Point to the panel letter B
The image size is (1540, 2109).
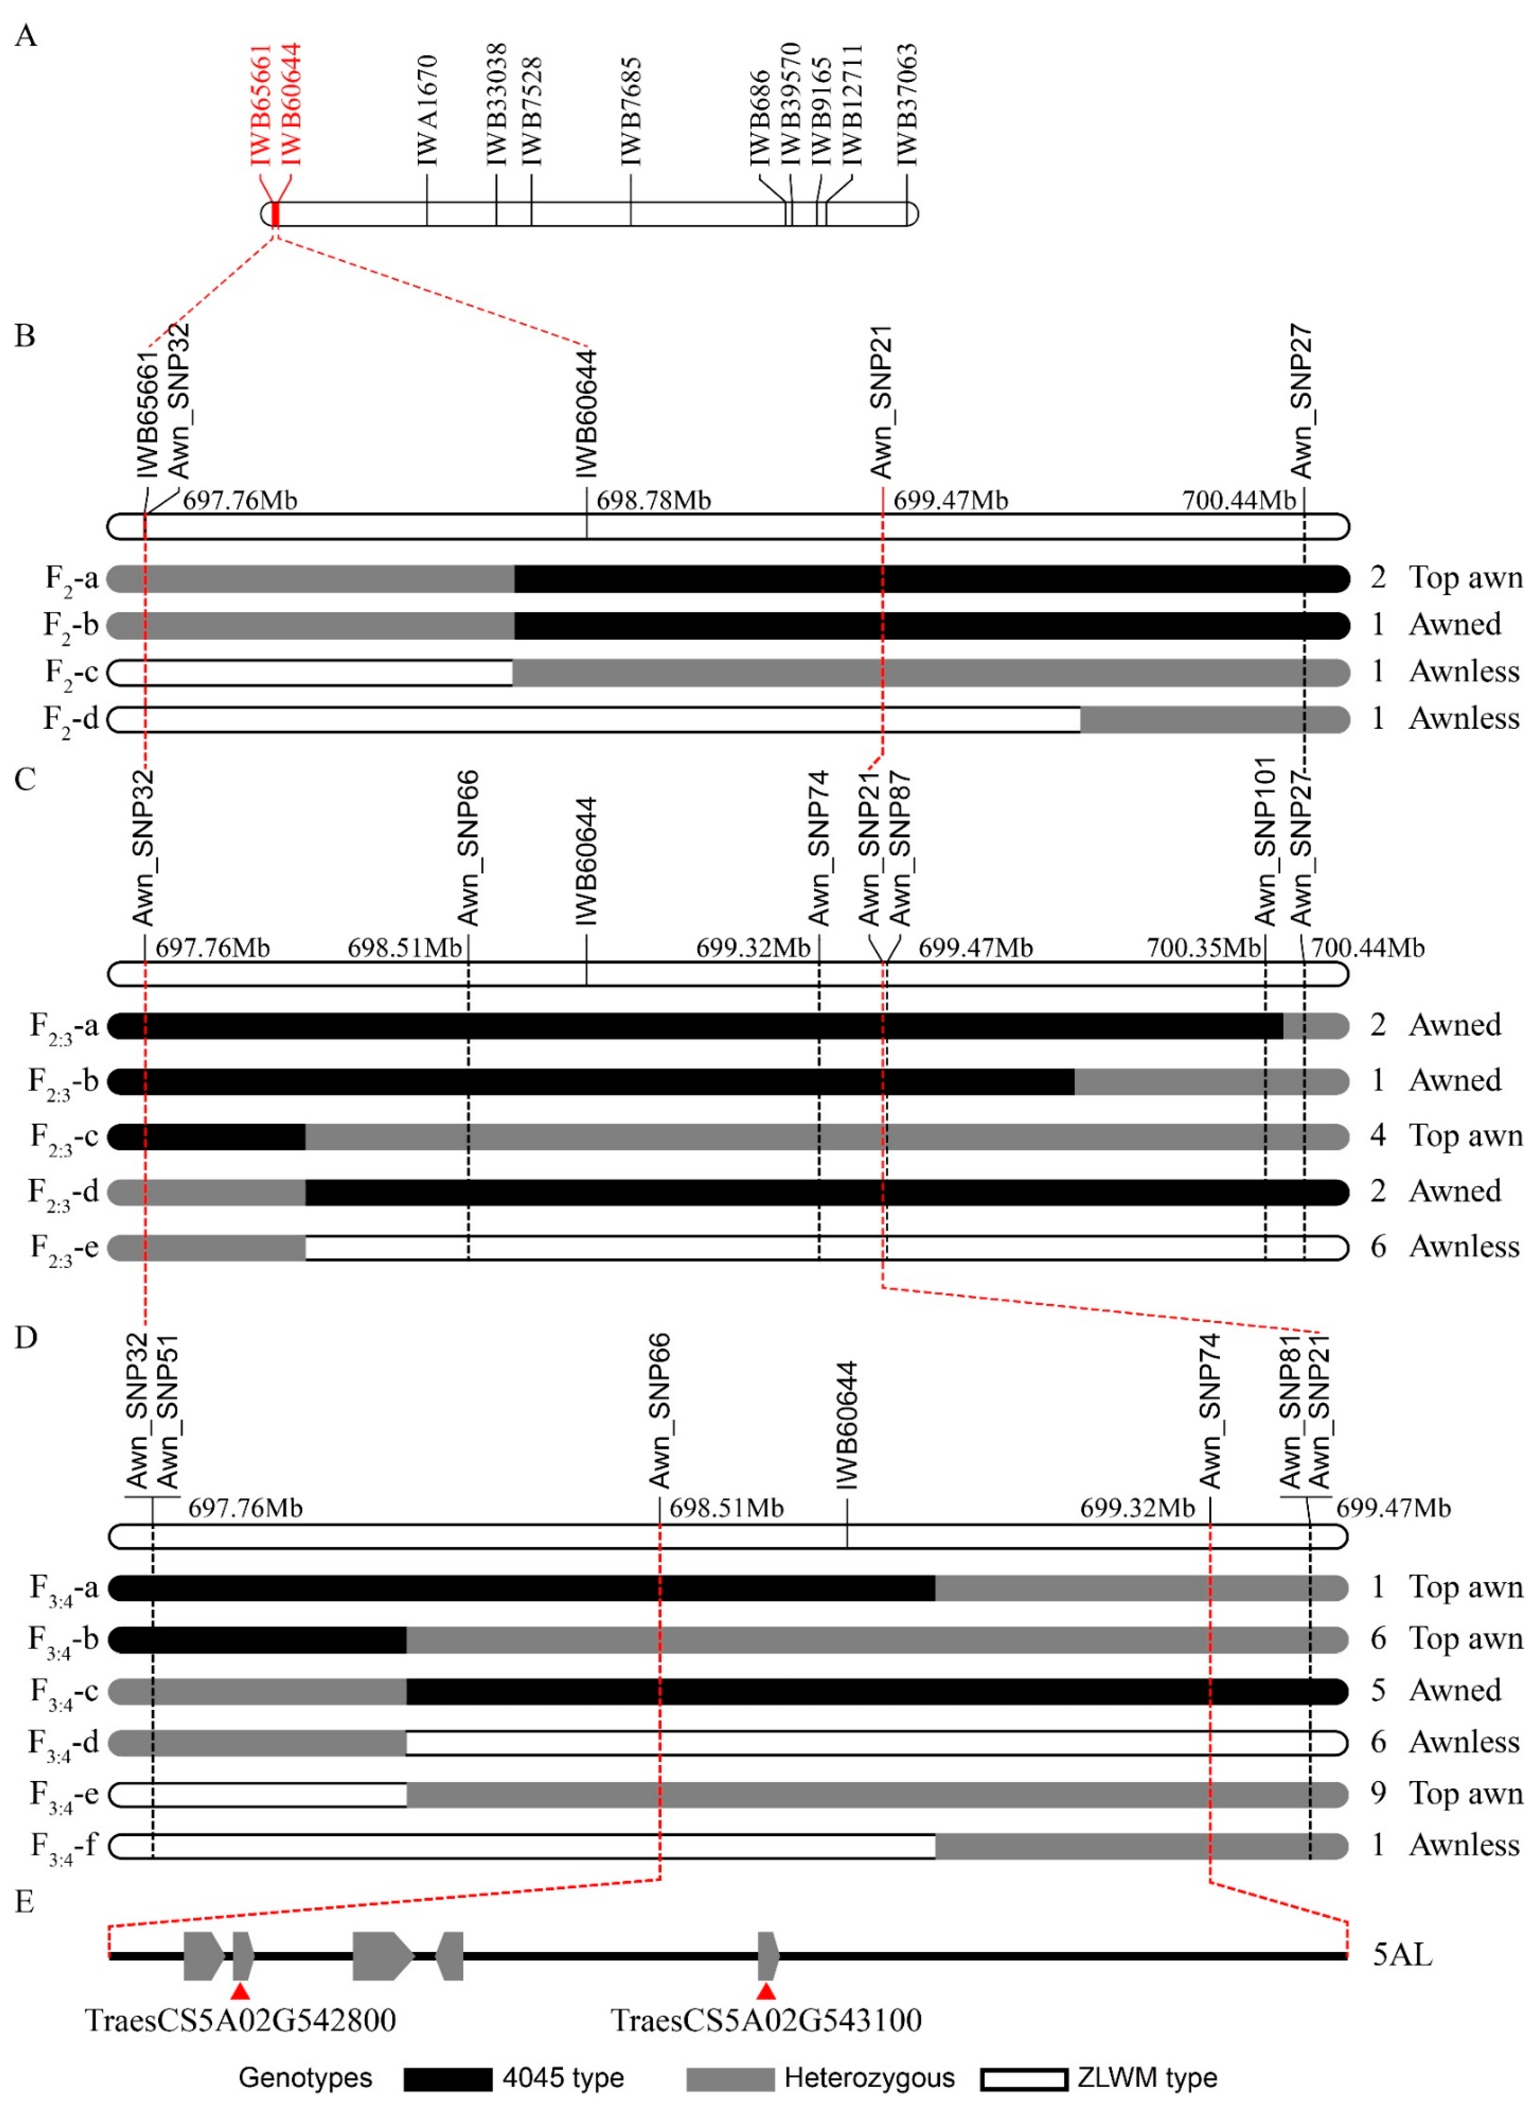pos(25,336)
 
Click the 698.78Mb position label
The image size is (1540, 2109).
pos(653,501)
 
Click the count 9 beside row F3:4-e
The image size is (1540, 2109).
pos(1378,1793)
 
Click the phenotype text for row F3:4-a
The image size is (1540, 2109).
pos(1465,1588)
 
